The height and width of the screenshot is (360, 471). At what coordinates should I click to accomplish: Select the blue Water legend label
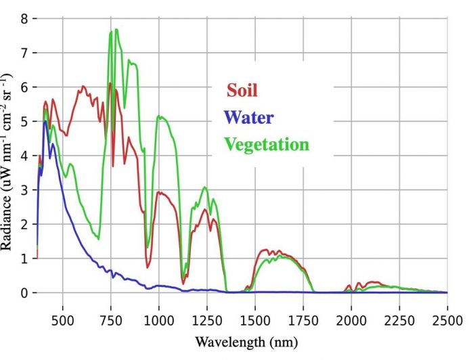point(249,117)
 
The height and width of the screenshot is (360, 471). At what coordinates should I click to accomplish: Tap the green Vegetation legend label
point(267,143)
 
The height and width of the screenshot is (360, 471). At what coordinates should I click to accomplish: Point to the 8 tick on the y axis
point(25,18)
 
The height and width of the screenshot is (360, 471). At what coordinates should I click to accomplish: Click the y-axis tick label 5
point(25,122)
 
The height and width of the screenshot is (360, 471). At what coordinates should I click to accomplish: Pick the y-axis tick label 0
point(25,293)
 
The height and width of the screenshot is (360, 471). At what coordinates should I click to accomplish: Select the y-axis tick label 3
point(25,190)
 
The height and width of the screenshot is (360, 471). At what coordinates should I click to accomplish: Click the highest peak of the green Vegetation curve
point(116,29)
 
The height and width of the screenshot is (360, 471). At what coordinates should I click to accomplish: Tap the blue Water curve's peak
point(45,122)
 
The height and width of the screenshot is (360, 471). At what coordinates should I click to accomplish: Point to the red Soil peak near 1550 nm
point(266,250)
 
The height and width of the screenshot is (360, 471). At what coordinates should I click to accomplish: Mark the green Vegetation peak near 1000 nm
point(160,116)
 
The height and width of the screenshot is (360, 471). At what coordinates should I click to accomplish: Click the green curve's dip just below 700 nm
point(99,239)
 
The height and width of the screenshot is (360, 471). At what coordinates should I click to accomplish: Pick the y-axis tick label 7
point(25,53)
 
